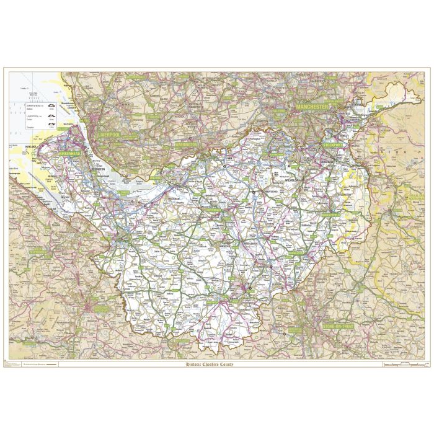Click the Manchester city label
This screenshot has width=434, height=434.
pyautogui.click(x=312, y=107)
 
